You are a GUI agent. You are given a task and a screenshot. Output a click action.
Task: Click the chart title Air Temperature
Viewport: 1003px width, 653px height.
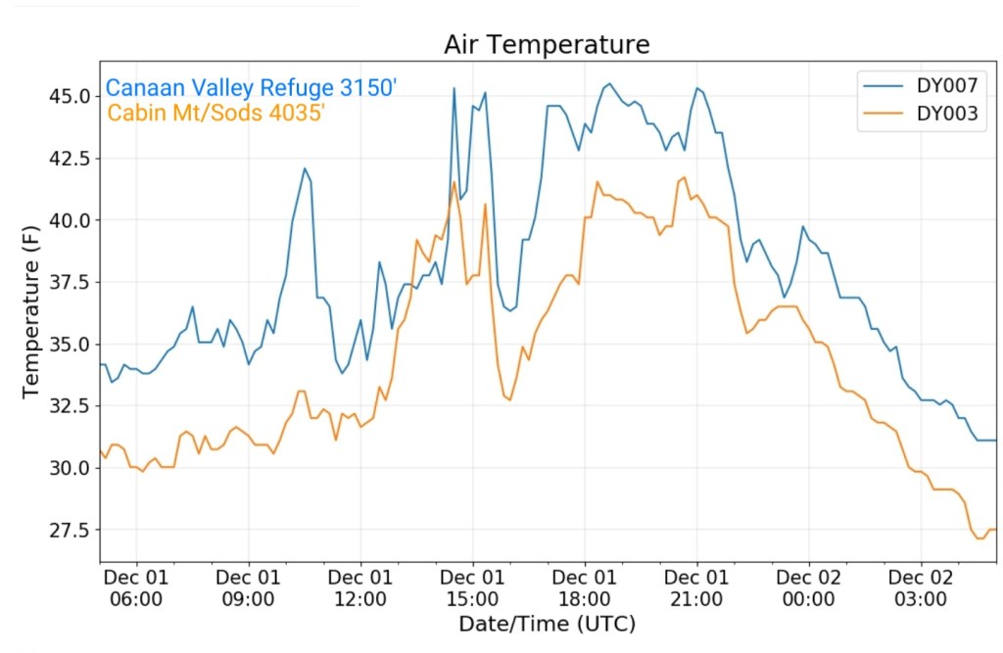(x=547, y=45)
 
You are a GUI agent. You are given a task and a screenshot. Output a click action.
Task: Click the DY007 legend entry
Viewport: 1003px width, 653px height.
(x=946, y=85)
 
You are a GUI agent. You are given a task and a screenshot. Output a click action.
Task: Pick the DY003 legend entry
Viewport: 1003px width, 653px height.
(x=946, y=114)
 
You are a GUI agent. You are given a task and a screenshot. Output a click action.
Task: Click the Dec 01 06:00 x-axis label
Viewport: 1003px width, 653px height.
(x=136, y=587)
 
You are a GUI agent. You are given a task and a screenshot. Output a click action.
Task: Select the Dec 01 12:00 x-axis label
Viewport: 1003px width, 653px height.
(x=360, y=587)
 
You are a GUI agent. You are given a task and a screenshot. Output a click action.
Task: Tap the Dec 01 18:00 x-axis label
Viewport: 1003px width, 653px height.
(x=585, y=587)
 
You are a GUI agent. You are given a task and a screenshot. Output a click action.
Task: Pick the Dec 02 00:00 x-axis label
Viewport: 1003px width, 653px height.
(x=810, y=587)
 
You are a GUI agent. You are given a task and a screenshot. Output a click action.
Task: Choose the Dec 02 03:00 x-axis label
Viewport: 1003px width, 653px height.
(x=922, y=587)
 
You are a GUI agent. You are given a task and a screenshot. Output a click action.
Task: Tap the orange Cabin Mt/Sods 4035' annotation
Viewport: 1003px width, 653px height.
(x=215, y=113)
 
